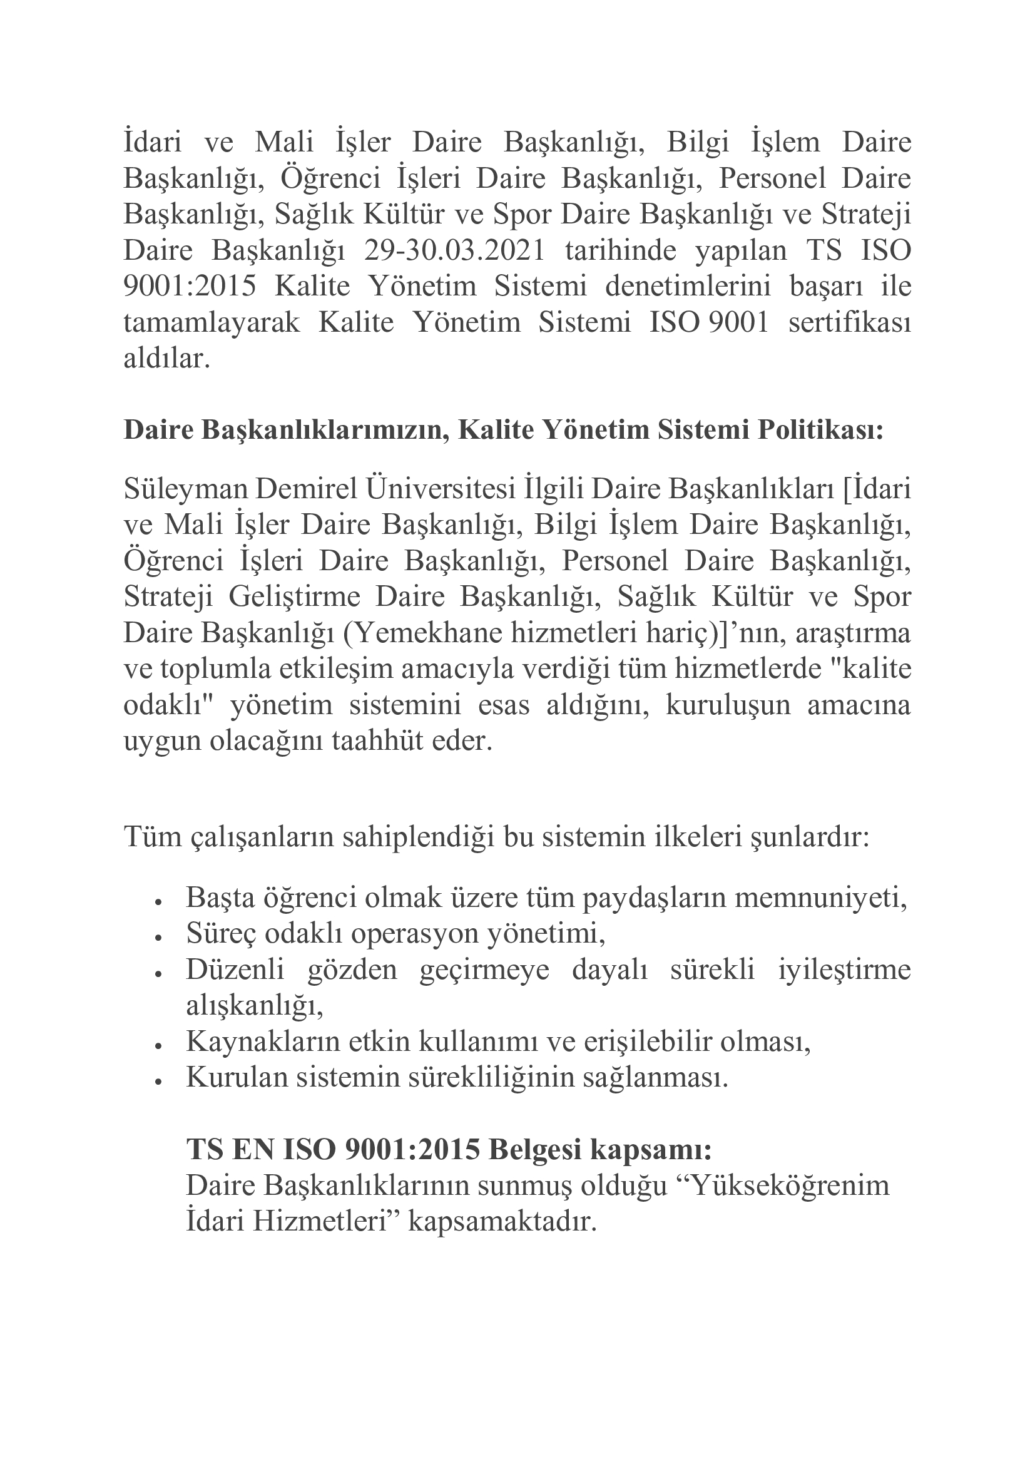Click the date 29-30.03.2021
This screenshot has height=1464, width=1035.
[x=454, y=250]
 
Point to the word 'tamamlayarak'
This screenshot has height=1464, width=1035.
[x=211, y=322]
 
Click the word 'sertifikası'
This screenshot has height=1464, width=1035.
[x=850, y=322]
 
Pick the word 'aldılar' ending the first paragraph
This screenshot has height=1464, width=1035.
[x=165, y=359]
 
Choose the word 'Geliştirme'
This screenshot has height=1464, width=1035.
[x=294, y=598]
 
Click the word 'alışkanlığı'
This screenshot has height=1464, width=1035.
[x=253, y=1006]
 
